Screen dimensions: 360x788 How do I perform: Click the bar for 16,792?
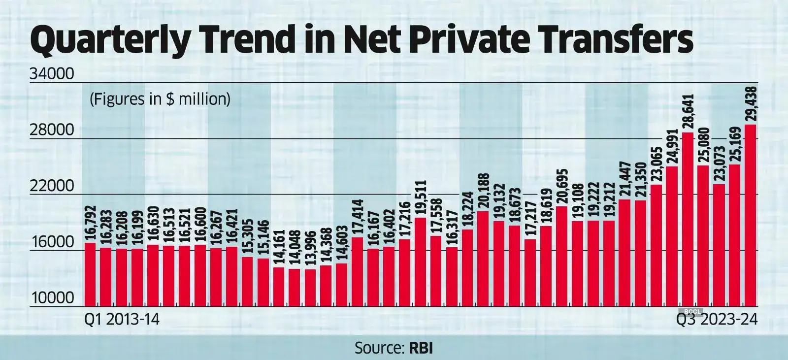pos(90,274)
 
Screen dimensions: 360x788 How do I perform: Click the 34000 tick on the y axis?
pos(52,74)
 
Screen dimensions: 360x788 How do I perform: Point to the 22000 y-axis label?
pos(52,187)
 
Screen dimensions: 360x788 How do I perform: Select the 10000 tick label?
pos(52,298)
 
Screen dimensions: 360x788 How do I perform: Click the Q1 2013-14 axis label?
pos(122,320)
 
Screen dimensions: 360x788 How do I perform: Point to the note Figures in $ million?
pos(160,99)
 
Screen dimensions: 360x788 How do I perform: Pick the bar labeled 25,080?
pos(703,236)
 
